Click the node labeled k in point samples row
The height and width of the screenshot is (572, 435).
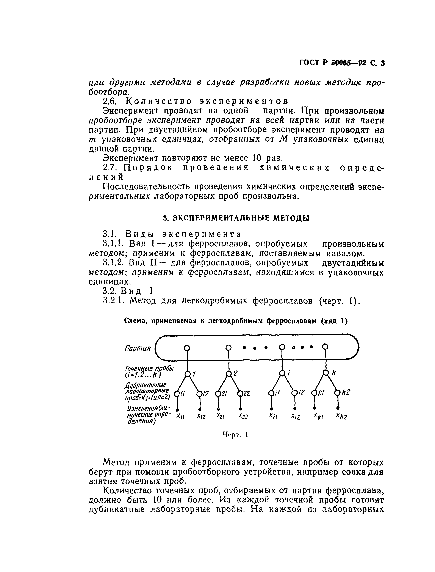pos(326,373)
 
